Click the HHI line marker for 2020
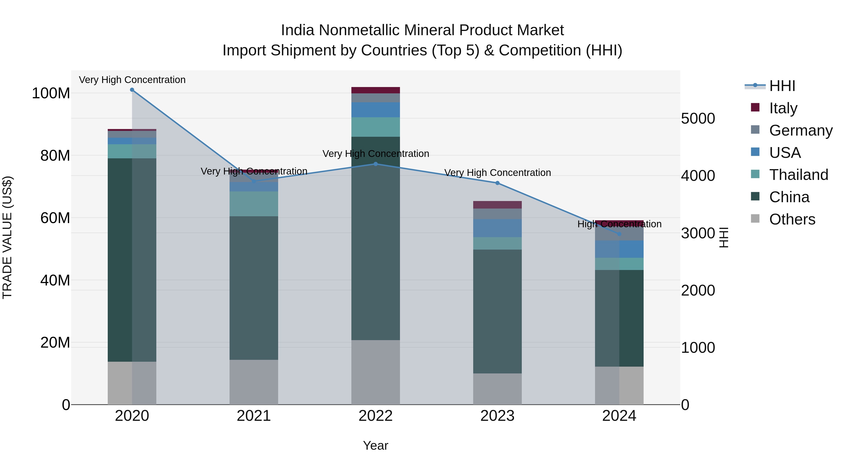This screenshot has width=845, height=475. tap(132, 90)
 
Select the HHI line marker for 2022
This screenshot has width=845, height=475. tap(376, 164)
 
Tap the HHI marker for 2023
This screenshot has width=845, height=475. tap(497, 183)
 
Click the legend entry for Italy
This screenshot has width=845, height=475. tap(783, 108)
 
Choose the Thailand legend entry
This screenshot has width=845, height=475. tap(799, 175)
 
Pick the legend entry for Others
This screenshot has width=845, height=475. tap(792, 219)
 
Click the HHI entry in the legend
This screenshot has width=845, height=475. tap(782, 86)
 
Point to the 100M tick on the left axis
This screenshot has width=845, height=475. tap(51, 93)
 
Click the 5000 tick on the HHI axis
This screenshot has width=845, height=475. tap(698, 119)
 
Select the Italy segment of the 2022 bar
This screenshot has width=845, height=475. tap(376, 90)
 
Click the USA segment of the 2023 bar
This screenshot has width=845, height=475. tap(497, 228)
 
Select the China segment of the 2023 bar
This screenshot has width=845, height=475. tap(497, 312)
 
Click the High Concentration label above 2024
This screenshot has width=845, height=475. tap(619, 224)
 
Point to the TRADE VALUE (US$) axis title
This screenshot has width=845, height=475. tap(7, 237)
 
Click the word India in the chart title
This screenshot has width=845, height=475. tap(298, 30)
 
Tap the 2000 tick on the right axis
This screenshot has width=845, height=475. tap(698, 290)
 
